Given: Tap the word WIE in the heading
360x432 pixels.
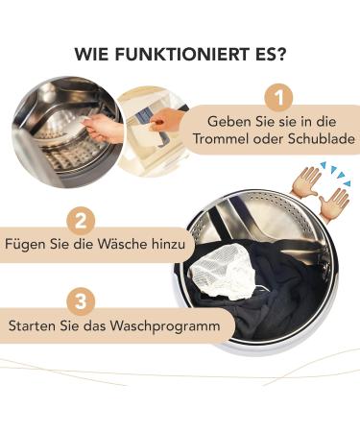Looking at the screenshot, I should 94,53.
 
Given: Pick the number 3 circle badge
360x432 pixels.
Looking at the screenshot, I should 84,301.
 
